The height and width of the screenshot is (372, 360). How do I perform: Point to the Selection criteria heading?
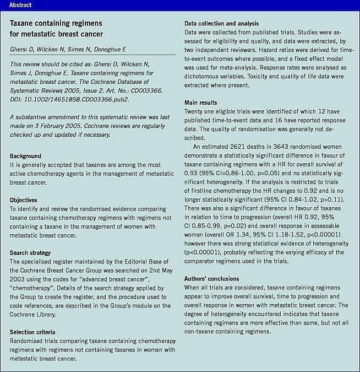tap(33, 332)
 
